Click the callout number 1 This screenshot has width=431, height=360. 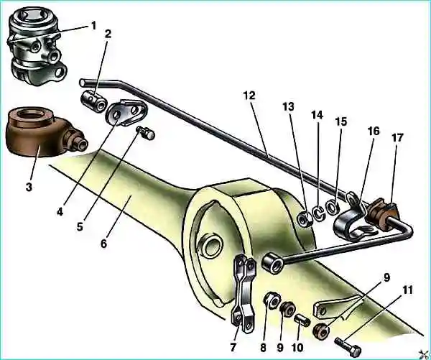pyautogui.click(x=93, y=26)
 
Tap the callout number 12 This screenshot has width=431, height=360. pyautogui.click(x=249, y=96)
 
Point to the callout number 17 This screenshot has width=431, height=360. pyautogui.click(x=397, y=138)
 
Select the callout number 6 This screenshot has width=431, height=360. pyautogui.click(x=103, y=244)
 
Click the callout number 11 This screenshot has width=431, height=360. pyautogui.click(x=407, y=290)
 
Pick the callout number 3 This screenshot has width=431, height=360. pyautogui.click(x=29, y=187)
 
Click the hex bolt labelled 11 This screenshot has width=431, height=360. pyautogui.click(x=348, y=346)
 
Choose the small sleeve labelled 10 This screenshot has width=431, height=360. pyautogui.click(x=302, y=320)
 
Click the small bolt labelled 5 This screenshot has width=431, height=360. pyautogui.click(x=146, y=133)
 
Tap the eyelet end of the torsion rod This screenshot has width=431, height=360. pyautogui.click(x=273, y=264)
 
